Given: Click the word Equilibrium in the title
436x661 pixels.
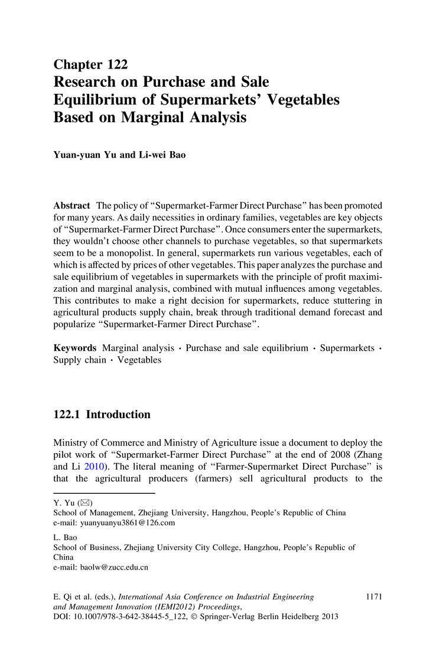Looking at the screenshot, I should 95,99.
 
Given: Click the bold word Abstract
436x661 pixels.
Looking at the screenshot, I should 72,206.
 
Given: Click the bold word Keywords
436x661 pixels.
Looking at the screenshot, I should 75,348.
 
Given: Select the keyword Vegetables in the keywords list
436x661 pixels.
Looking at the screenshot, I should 139,360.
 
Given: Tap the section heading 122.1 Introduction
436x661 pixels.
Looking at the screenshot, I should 102,415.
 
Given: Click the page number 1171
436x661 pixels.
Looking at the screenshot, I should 375,597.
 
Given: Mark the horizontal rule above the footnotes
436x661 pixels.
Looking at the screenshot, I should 104,493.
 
